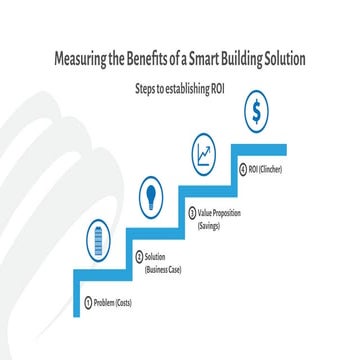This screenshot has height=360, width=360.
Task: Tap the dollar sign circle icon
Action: point(257,113)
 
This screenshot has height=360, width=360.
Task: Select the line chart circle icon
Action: point(206,155)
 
